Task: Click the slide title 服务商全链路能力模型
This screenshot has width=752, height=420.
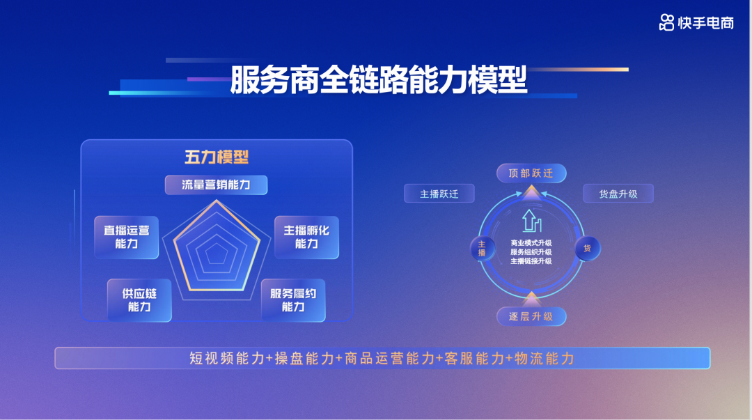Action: point(379,80)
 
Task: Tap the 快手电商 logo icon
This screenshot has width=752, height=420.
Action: point(666,22)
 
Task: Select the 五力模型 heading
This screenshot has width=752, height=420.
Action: point(217,157)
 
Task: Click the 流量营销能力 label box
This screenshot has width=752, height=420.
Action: point(216,185)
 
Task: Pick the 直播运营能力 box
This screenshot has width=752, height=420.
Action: point(127,237)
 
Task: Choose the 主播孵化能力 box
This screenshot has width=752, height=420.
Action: point(306,237)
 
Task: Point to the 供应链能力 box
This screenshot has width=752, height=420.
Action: point(139,300)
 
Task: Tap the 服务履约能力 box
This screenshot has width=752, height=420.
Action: point(293,300)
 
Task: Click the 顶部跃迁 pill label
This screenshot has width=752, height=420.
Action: point(531,173)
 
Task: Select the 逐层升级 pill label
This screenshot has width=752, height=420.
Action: point(531,317)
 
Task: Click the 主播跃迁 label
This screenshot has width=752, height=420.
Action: point(439,194)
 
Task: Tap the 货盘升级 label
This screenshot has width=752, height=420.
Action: point(618,194)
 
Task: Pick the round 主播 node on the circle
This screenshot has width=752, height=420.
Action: point(482,248)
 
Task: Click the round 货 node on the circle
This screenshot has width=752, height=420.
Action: point(587,248)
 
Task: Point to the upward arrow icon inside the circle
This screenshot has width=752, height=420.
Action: point(531,221)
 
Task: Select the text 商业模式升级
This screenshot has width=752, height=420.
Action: point(531,243)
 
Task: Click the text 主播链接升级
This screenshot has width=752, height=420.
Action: point(531,261)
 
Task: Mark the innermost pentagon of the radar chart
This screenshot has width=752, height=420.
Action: point(217,255)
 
